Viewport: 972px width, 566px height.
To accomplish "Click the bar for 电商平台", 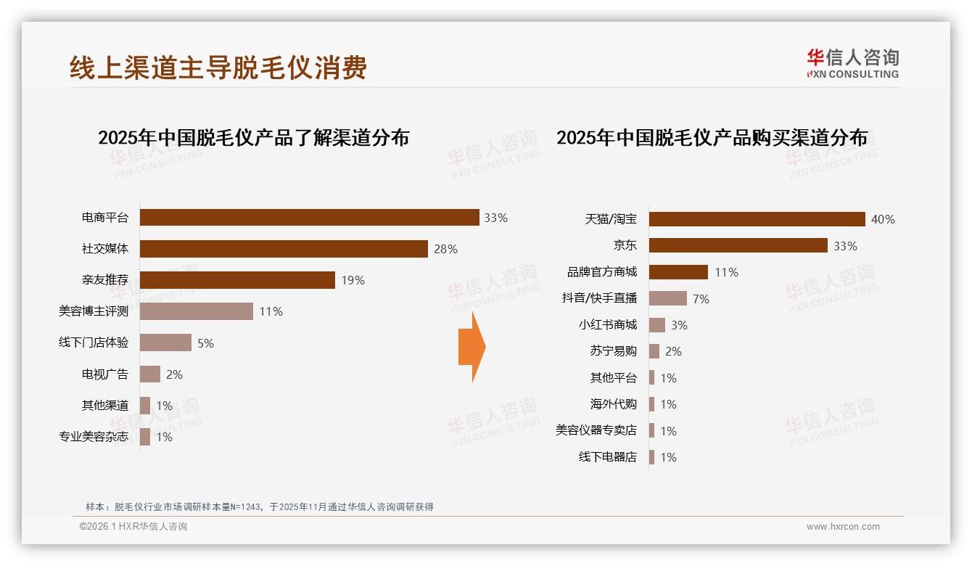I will coord(309,218).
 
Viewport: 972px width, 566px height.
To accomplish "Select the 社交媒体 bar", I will coord(284,249).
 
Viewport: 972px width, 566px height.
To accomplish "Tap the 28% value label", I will coord(445,249).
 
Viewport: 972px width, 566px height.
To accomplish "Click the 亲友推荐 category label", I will coord(104,280).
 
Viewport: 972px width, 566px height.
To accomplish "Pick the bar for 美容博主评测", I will coord(196,311).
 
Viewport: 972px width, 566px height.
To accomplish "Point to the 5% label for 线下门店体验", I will coord(205,343).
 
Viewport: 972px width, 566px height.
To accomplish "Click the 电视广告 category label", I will coord(104,374).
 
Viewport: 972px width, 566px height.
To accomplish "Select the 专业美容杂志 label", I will coord(94,437).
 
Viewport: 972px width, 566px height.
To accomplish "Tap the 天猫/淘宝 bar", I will coord(757,219).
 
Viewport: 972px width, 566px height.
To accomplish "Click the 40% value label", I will coord(883,219).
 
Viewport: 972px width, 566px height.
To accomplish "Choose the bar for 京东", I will coord(738,246).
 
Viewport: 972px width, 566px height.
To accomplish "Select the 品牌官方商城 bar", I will coord(678,272).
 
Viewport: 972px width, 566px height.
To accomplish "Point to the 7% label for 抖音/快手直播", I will coord(701,299).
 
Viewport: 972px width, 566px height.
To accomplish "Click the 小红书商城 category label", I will coord(607,325).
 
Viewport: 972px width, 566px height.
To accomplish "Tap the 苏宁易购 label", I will coord(613,351).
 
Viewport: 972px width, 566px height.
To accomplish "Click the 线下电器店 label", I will coord(607,457).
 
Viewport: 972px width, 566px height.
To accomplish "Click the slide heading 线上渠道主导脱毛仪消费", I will coord(218,67).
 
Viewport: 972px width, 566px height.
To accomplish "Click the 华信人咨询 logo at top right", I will coord(852,63).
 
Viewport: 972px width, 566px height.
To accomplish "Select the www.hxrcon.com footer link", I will coord(843,527).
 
